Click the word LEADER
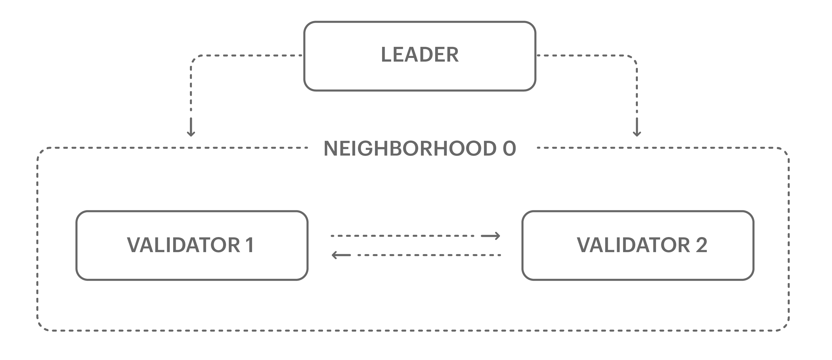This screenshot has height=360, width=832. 420,55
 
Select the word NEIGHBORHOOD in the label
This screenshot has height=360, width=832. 410,149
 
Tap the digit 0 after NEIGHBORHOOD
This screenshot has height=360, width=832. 509,149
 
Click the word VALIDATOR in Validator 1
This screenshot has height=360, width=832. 183,245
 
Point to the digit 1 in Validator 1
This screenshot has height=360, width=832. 250,245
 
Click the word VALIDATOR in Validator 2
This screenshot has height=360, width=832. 633,245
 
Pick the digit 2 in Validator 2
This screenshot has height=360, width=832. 701,245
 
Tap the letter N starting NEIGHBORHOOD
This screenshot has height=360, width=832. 331,149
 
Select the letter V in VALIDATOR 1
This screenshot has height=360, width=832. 134,245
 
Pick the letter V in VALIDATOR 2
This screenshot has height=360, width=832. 584,245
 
